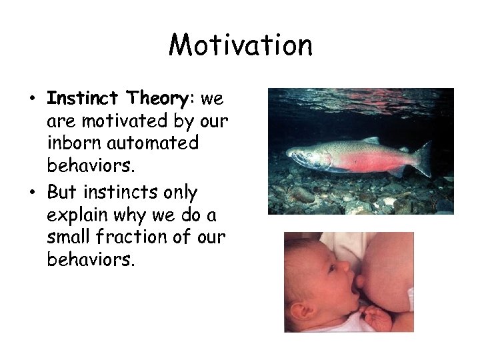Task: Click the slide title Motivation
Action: pyautogui.click(x=240, y=45)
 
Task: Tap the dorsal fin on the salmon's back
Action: pyautogui.click(x=370, y=141)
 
